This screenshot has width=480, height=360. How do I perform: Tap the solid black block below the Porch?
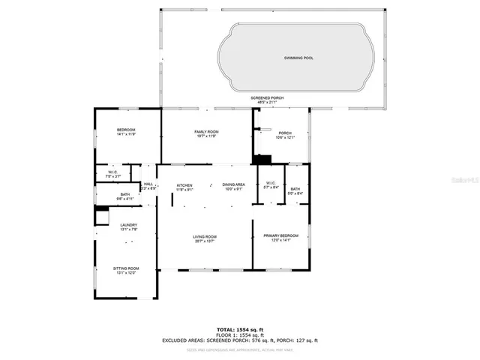click(x=262, y=159)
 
